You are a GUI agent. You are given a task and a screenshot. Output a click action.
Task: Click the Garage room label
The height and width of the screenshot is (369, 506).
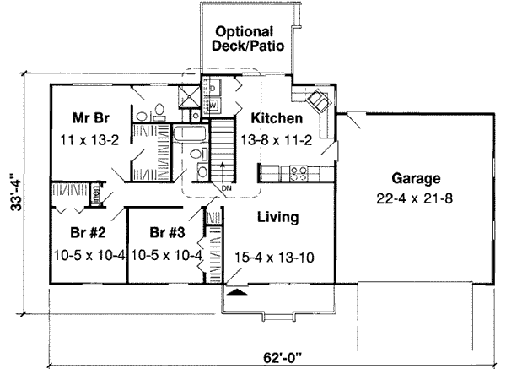(417, 179)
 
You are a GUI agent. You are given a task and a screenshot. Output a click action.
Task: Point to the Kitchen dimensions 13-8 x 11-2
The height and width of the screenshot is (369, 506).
(276, 139)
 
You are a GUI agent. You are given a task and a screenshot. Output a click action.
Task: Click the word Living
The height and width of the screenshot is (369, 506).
(277, 218)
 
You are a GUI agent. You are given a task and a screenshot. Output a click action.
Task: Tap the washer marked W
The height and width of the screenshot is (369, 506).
(213, 105)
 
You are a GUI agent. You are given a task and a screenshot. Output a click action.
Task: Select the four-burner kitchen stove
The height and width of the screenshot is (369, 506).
(299, 174)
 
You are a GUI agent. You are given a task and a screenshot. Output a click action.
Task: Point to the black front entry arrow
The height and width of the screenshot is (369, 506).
(239, 292)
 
